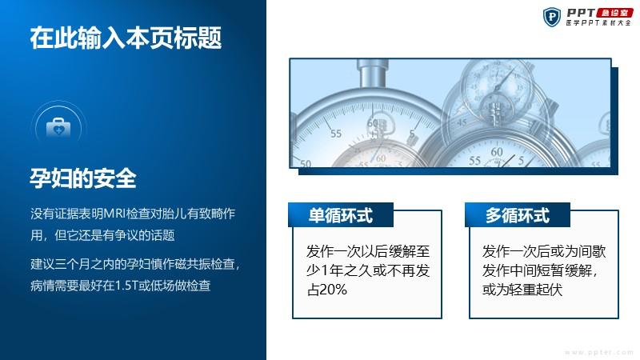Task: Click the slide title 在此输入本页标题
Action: (x=126, y=38)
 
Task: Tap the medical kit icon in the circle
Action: (x=58, y=127)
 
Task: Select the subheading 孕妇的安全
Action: (x=83, y=178)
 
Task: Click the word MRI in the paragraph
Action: (x=114, y=214)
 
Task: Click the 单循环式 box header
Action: (x=341, y=215)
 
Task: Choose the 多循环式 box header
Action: (x=517, y=215)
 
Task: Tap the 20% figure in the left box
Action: (x=333, y=290)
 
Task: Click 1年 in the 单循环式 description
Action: (x=331, y=270)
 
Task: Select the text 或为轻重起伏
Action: (x=522, y=290)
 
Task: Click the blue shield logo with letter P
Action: (x=551, y=17)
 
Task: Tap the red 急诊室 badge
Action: (x=614, y=13)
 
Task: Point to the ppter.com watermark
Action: (x=599, y=352)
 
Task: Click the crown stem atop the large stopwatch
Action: (x=372, y=74)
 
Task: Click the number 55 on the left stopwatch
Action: (x=335, y=133)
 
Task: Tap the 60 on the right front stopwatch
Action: (x=497, y=151)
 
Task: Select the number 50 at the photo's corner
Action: (x=305, y=164)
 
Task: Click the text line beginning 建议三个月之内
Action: (x=134, y=264)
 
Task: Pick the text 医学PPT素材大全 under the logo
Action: (x=598, y=23)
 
